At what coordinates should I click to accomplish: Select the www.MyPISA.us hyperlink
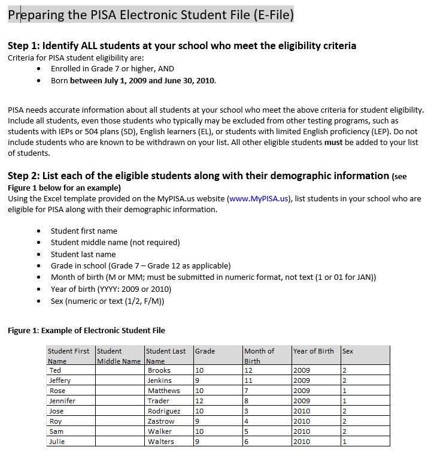259,199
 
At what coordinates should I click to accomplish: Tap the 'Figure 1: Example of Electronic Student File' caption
86,330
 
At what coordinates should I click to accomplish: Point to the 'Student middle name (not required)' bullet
115,243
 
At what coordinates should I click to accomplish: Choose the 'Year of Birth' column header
314,351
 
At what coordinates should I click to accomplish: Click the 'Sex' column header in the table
348,351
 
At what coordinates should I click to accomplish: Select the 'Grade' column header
205,351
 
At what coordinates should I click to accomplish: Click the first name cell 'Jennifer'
62,401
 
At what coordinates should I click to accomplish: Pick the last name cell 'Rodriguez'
164,411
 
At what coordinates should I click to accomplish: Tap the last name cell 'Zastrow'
160,421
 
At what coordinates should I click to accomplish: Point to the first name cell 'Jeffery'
60,381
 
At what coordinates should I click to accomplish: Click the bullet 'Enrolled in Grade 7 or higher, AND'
112,69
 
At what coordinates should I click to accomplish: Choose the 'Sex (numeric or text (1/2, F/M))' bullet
107,301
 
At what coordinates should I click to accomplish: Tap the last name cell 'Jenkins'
160,381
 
